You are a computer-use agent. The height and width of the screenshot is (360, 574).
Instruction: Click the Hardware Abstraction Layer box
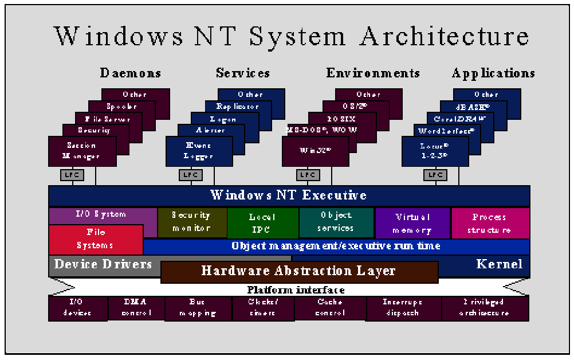299,271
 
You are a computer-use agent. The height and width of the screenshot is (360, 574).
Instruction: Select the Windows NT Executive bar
289,195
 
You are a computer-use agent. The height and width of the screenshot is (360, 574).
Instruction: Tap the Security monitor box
191,222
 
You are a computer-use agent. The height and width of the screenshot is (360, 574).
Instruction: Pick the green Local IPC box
262,223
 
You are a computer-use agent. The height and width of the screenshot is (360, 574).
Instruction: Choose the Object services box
336,222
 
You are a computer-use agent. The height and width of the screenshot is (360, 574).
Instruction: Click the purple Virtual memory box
412,224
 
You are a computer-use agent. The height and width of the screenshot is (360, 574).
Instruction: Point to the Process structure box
489,224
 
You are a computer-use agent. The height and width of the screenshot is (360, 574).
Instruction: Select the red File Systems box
96,239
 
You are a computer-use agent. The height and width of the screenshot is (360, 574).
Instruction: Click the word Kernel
499,264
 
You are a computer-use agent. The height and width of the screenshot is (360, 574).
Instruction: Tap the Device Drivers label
103,264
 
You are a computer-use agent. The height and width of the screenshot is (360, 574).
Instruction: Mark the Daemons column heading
130,73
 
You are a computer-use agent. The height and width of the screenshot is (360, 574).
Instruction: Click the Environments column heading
373,73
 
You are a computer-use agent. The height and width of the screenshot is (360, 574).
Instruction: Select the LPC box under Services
187,175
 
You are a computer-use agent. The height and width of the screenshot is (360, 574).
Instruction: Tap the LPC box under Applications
435,175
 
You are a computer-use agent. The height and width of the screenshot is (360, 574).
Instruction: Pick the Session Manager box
82,151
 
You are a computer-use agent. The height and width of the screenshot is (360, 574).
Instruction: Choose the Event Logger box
199,151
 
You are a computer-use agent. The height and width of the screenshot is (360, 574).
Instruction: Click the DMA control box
136,308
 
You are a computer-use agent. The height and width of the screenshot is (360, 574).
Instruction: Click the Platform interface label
296,290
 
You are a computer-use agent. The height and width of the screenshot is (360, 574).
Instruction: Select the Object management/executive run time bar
336,246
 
